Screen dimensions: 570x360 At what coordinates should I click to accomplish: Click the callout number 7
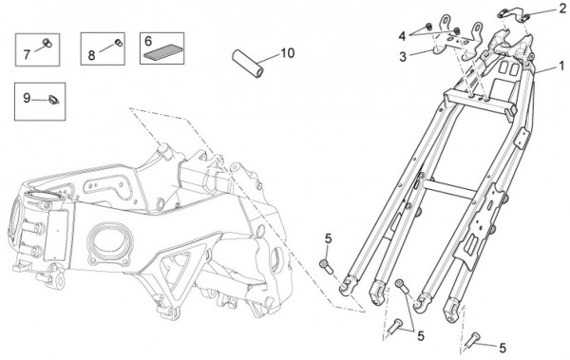click(27, 54)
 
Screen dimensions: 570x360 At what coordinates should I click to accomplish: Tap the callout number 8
click(91, 55)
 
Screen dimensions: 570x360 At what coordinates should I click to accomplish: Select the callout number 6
click(148, 41)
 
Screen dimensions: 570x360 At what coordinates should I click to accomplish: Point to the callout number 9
click(27, 98)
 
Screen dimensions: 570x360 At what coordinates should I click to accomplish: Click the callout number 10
click(287, 53)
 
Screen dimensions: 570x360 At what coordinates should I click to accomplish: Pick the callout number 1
click(561, 66)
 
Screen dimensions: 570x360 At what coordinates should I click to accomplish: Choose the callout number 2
click(562, 9)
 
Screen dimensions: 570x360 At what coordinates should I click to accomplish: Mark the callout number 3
click(403, 57)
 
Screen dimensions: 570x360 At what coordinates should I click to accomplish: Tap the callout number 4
click(402, 36)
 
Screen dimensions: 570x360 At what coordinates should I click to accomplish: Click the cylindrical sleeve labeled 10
click(248, 64)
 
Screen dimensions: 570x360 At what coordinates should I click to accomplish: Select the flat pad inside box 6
click(162, 53)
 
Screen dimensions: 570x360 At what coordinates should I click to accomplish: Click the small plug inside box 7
click(47, 43)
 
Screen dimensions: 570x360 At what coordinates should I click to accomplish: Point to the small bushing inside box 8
click(118, 43)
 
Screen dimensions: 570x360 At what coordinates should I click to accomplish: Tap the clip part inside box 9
click(54, 100)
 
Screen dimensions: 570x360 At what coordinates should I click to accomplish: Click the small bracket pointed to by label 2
click(513, 14)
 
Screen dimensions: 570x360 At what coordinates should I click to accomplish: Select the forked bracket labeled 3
click(457, 40)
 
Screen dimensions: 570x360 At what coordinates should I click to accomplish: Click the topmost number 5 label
click(329, 239)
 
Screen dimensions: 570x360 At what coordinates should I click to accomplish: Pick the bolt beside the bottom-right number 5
click(471, 340)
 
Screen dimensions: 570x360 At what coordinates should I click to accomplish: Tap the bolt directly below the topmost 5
click(327, 267)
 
